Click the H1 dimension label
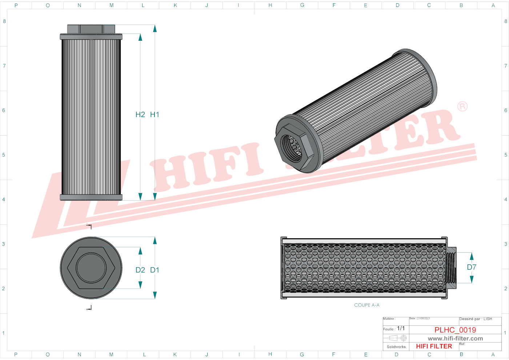point(155,115)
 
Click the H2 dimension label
point(140,115)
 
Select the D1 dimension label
point(155,270)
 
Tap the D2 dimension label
point(140,270)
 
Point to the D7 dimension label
point(472,267)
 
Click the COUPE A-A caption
point(366,305)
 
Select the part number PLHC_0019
point(455,330)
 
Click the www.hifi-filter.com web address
point(455,339)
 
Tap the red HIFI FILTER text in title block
point(434,346)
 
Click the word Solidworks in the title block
point(396,347)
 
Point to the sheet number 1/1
point(401,328)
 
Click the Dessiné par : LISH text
point(476,319)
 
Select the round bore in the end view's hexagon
point(91,268)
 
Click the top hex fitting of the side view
point(91,29)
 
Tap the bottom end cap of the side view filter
point(91,197)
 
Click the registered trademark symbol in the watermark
point(462,107)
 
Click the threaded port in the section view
point(451,268)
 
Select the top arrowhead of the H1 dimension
point(155,28)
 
